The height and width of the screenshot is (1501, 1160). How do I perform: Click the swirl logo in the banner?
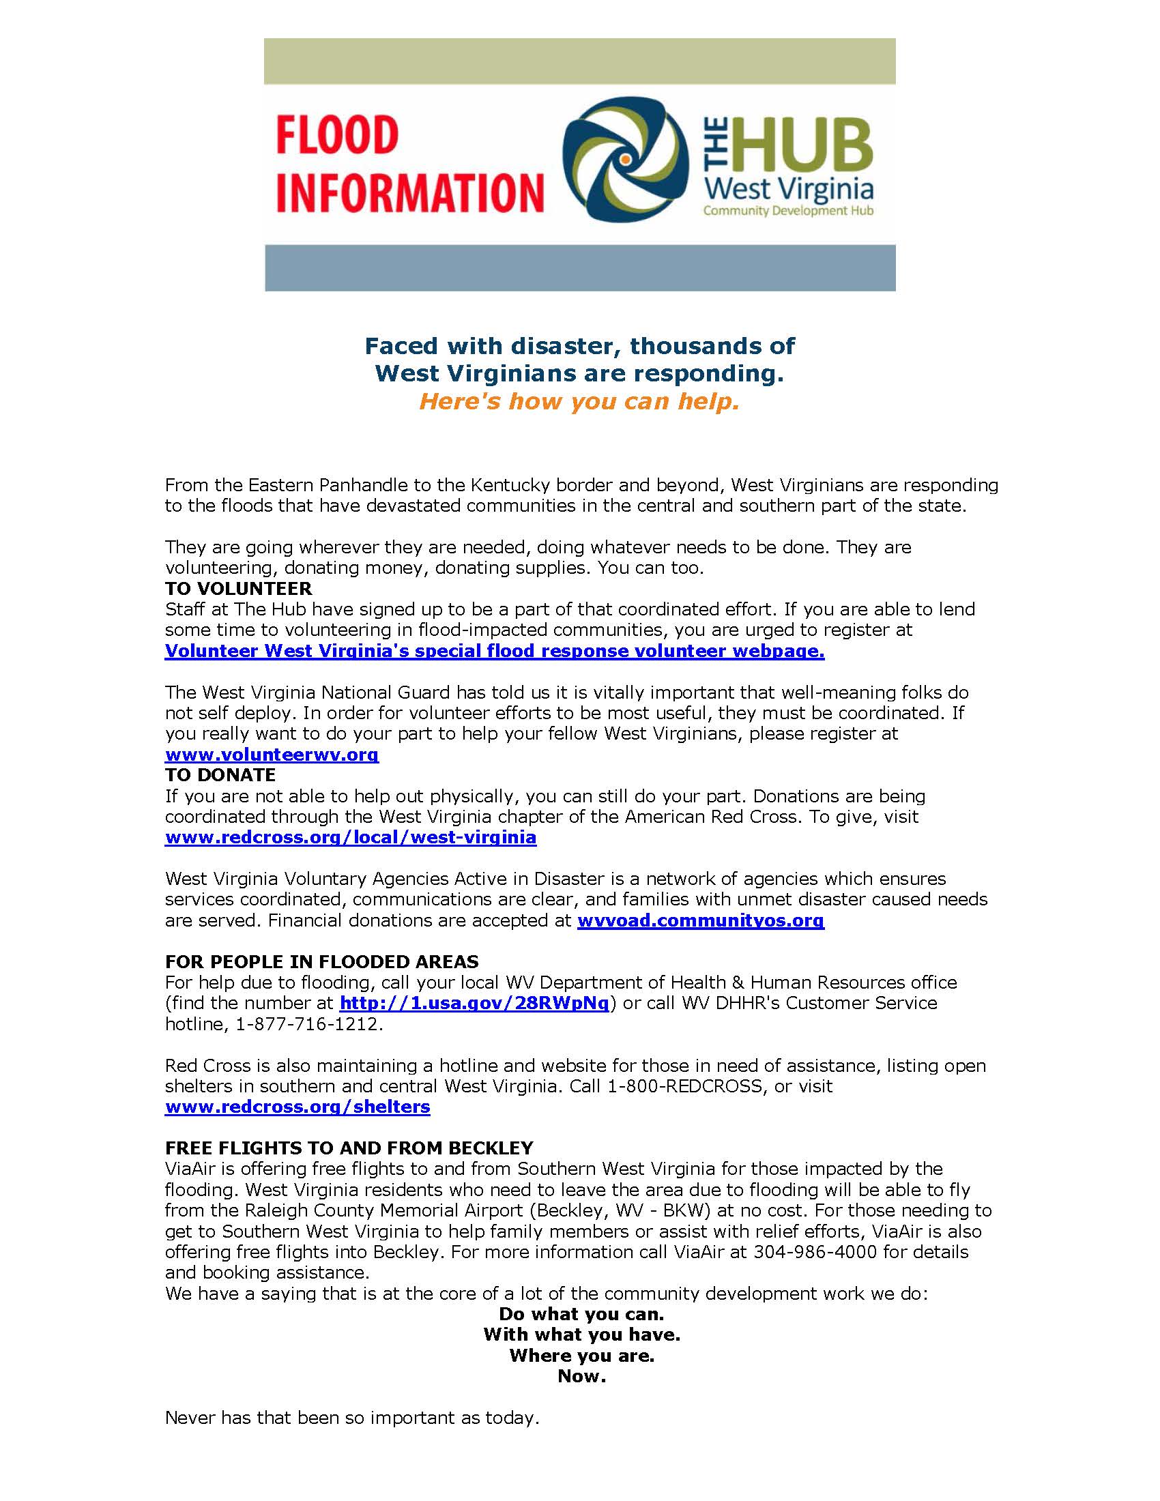point(625,159)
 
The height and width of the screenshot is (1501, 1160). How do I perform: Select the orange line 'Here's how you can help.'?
point(579,402)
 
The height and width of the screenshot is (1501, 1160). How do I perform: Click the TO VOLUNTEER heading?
point(238,588)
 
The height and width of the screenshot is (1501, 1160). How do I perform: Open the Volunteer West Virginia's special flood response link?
point(494,651)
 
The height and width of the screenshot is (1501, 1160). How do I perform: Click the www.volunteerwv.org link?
point(272,755)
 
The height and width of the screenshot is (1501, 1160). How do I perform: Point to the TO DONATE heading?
point(220,774)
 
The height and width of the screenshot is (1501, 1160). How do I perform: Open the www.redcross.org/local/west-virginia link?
point(351,837)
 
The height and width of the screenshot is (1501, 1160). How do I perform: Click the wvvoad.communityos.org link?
point(700,920)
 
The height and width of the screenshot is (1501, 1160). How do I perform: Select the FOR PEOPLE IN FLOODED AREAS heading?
point(321,961)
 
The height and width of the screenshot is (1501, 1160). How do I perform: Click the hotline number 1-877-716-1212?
point(306,1024)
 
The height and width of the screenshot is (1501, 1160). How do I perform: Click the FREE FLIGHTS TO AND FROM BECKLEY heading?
point(349,1148)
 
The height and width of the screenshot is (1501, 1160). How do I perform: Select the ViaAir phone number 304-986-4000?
point(815,1251)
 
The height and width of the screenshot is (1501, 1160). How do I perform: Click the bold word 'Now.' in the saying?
point(581,1376)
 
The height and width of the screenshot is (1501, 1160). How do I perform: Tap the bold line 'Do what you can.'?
point(581,1314)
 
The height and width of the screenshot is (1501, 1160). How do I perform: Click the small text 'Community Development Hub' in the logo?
point(787,211)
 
